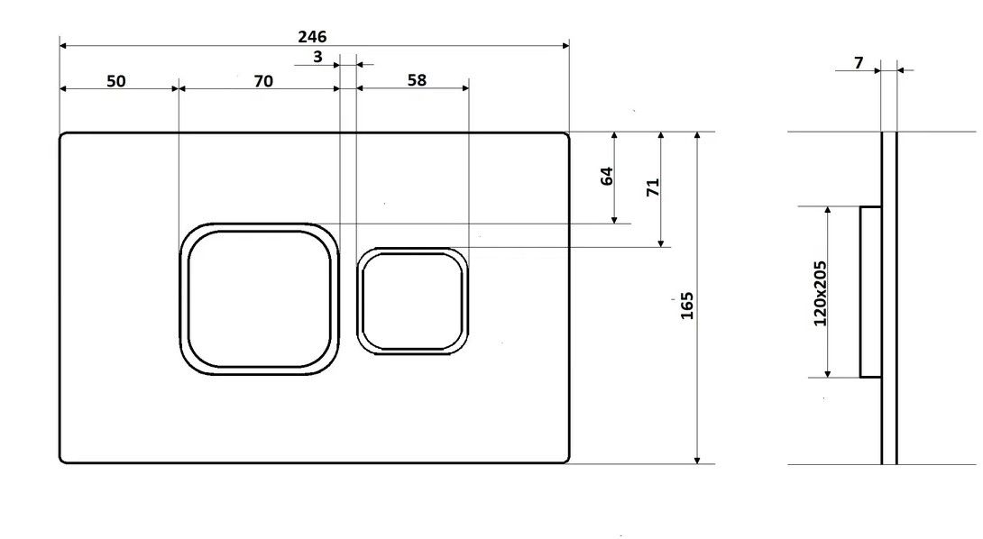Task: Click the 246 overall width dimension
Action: point(311,36)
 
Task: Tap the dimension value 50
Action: point(116,81)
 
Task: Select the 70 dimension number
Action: point(263,81)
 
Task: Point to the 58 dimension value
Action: point(417,80)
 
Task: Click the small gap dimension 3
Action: point(317,57)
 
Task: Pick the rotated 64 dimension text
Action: point(607,176)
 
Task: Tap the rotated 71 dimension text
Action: point(653,187)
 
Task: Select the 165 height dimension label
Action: point(687,306)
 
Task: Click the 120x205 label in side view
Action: point(820,293)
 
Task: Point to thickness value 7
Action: point(859,63)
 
